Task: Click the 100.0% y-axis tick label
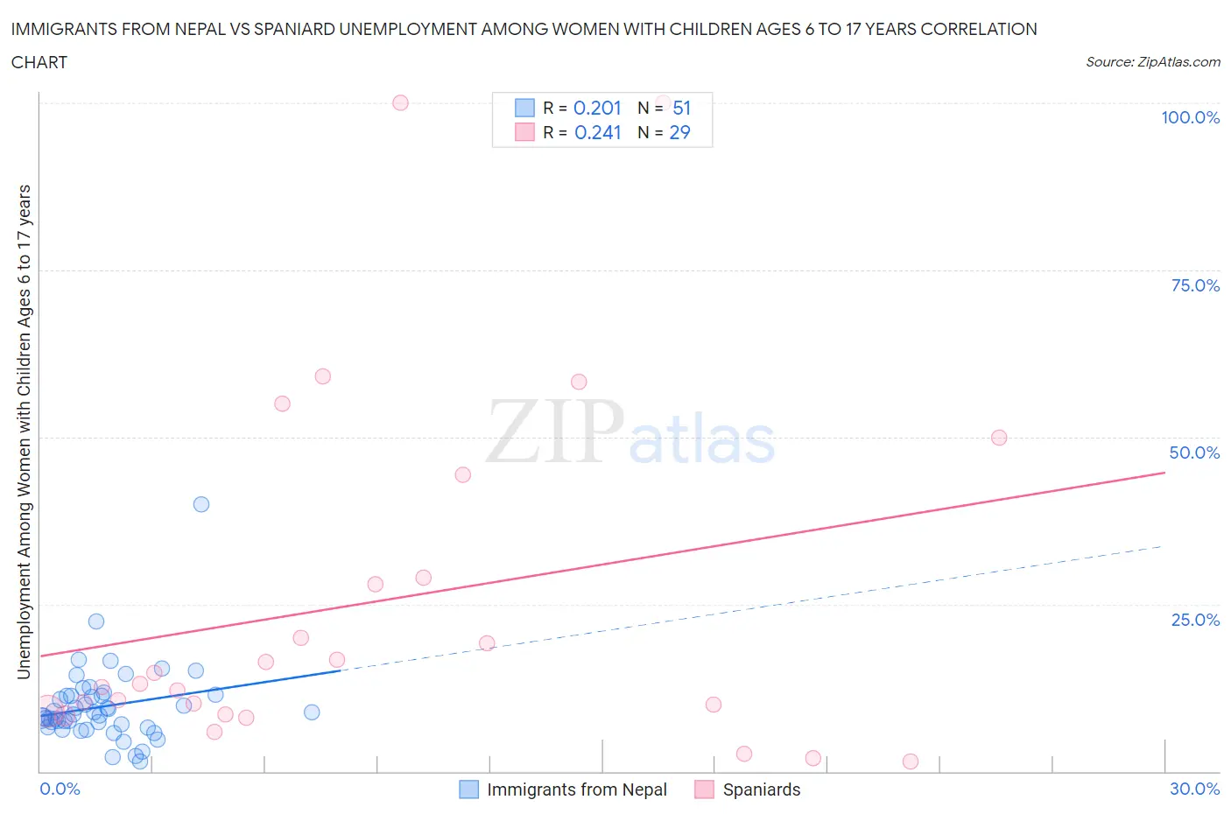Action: pyautogui.click(x=1190, y=117)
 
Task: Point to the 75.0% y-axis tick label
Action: pyautogui.click(x=1194, y=285)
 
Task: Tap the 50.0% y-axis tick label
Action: pyautogui.click(x=1194, y=453)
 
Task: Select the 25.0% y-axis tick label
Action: pyautogui.click(x=1194, y=620)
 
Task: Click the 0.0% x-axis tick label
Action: pyautogui.click(x=60, y=789)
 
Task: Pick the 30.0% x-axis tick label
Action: pyautogui.click(x=1194, y=789)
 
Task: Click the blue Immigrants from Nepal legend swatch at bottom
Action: pyautogui.click(x=469, y=789)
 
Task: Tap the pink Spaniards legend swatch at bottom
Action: pyautogui.click(x=704, y=789)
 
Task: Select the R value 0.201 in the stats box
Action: pyautogui.click(x=597, y=108)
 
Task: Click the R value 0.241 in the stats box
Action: pyautogui.click(x=597, y=132)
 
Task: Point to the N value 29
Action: pyautogui.click(x=679, y=132)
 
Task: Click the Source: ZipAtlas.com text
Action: pyautogui.click(x=1152, y=62)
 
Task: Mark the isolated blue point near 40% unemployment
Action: pyautogui.click(x=201, y=504)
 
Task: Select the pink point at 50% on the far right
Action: pyautogui.click(x=999, y=438)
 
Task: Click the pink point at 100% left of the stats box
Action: pyautogui.click(x=400, y=102)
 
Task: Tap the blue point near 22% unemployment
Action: pyautogui.click(x=96, y=621)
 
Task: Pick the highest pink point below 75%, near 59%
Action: pyautogui.click(x=322, y=376)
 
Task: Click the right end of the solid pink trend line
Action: pyautogui.click(x=1164, y=473)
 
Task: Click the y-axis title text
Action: pyautogui.click(x=24, y=432)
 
